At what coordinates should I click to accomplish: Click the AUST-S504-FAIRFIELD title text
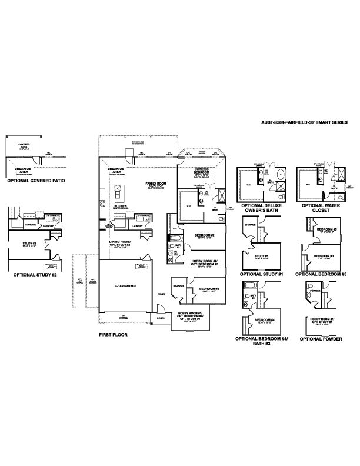pyautogui.click(x=305, y=122)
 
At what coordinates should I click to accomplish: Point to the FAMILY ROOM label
pyautogui.click(x=156, y=185)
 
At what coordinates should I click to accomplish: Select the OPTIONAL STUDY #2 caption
pyautogui.click(x=34, y=274)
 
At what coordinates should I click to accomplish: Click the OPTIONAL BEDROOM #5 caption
pyautogui.click(x=321, y=274)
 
